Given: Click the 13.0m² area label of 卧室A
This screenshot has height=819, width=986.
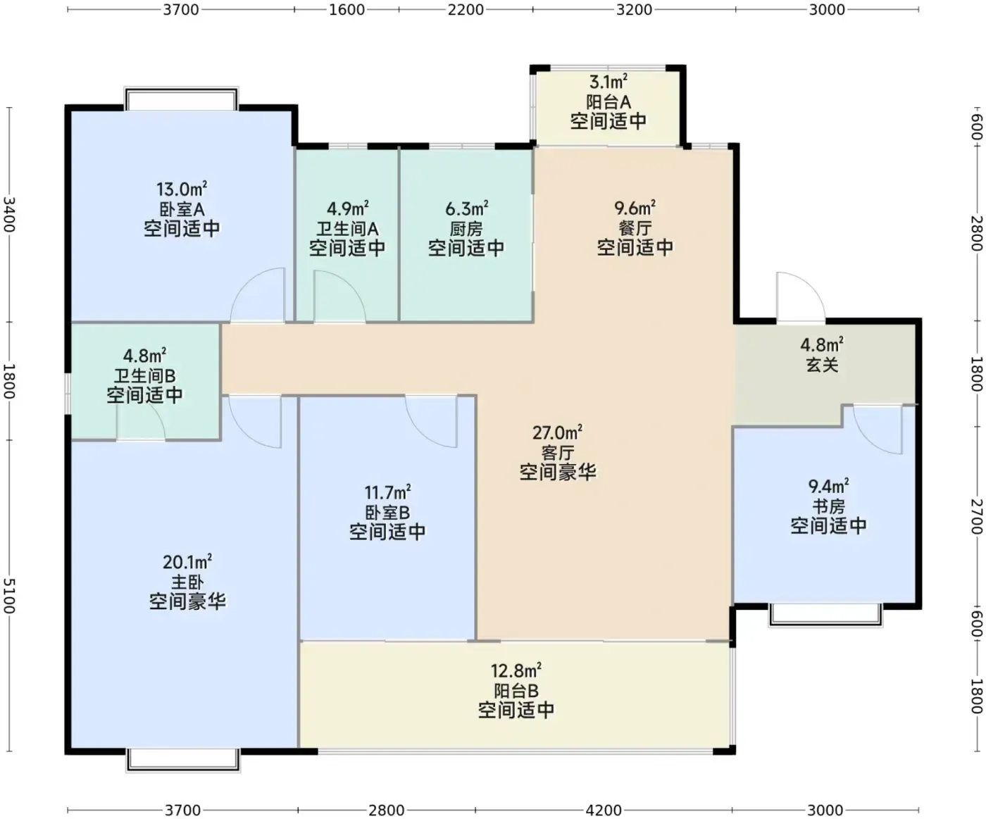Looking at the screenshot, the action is [x=182, y=189].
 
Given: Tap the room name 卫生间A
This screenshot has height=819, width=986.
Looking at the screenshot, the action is [x=347, y=229].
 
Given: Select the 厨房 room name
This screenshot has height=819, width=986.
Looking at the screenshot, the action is [x=466, y=229].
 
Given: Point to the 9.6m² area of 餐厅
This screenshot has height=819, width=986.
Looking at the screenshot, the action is [x=635, y=208].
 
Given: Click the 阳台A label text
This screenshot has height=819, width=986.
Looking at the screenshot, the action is [x=609, y=102].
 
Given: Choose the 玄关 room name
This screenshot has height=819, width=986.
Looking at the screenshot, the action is [x=822, y=365].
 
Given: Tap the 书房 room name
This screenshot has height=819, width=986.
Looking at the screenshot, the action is [x=828, y=506].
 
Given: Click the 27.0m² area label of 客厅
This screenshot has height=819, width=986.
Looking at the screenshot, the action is [x=557, y=432].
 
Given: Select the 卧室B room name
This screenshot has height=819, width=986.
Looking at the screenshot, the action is [x=387, y=513].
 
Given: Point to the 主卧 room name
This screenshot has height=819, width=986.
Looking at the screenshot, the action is [x=187, y=582].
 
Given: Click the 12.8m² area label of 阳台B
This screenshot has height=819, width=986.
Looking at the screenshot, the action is [x=516, y=670].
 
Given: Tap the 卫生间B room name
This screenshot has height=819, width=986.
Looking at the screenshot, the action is [x=144, y=376].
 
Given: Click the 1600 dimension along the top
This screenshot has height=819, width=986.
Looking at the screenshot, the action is [x=347, y=9].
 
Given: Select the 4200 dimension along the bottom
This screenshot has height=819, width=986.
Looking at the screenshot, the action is [x=604, y=811].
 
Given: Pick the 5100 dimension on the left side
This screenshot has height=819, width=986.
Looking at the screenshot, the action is [x=9, y=596].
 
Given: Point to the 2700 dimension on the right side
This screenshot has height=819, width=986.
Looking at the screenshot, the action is [x=977, y=516].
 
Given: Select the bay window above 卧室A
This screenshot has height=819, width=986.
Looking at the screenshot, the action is [x=181, y=99].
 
